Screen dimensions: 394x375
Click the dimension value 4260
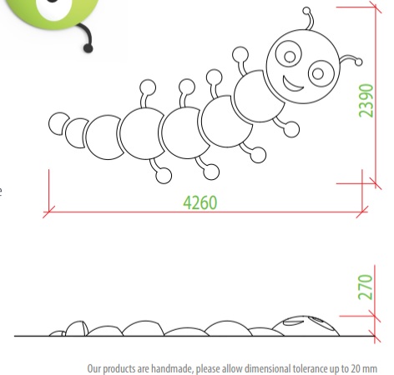tap(200, 202)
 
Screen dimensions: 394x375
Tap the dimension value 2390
tap(366, 101)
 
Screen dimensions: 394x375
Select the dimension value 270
tap(366, 287)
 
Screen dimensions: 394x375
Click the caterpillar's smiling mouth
tap(292, 84)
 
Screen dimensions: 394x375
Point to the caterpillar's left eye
tap(289, 54)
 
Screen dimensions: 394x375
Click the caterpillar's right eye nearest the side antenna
tap(321, 73)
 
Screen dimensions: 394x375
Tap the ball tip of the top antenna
tap(306, 11)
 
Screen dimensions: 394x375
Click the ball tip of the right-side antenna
tap(359, 62)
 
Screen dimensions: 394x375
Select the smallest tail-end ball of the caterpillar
tap(59, 124)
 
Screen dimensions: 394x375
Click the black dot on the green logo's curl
tap(88, 48)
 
